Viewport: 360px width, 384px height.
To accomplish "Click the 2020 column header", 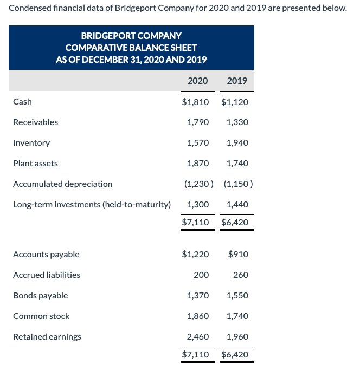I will point(197,81).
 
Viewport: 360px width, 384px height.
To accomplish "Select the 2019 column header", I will point(237,81).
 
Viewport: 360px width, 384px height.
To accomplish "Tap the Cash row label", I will point(22,101).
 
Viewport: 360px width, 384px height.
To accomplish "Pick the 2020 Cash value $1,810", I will point(195,101).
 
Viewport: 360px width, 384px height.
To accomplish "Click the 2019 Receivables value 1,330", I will point(237,122).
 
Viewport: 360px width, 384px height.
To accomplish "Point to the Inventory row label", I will point(31,143).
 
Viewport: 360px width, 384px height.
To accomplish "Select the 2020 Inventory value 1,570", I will point(198,143).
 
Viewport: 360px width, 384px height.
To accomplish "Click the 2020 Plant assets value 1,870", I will point(198,163).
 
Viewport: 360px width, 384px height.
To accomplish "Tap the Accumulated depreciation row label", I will point(63,184).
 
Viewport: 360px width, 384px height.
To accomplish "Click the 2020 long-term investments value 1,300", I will point(198,205).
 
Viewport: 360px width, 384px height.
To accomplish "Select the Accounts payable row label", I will point(46,254).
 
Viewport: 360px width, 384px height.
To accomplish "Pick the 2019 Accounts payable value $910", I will point(239,254).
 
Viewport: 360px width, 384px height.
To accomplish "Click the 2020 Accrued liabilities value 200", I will point(201,275).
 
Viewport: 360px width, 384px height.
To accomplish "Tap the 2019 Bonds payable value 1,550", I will point(237,296).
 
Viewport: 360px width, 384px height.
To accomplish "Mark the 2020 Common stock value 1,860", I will point(198,316).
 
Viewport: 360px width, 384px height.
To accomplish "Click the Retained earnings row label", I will point(47,337).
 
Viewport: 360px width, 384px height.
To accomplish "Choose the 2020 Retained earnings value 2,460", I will point(198,337).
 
